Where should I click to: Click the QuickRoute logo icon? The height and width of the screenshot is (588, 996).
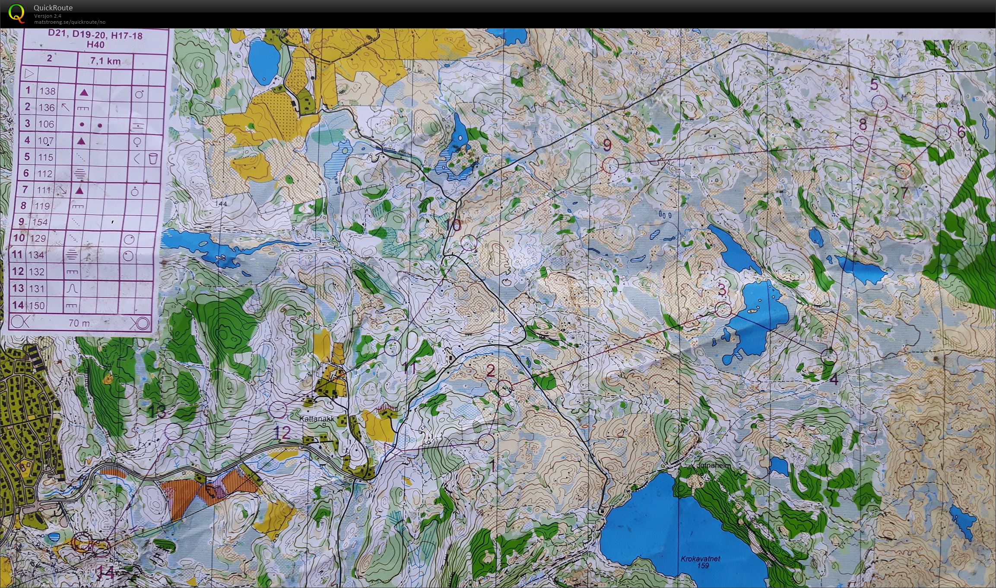coord(17,13)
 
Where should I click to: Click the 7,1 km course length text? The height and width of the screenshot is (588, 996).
coord(105,61)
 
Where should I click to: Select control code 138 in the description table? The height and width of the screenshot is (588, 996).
coord(48,91)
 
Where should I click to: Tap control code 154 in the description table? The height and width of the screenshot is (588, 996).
coord(47,222)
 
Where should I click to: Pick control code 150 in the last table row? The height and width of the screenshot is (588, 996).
coord(37,306)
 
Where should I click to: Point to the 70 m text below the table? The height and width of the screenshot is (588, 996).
coord(79,323)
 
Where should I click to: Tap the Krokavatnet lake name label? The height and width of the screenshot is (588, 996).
coord(700,559)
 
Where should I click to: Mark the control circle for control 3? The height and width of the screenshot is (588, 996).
coord(723,309)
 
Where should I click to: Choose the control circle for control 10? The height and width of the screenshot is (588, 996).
coord(469,243)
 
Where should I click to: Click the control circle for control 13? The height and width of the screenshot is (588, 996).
coord(174,431)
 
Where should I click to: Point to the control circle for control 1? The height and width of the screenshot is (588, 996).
coord(486,442)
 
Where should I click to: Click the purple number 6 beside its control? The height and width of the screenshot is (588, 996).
coord(961,132)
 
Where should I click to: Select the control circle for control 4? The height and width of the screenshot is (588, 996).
coord(828,356)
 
